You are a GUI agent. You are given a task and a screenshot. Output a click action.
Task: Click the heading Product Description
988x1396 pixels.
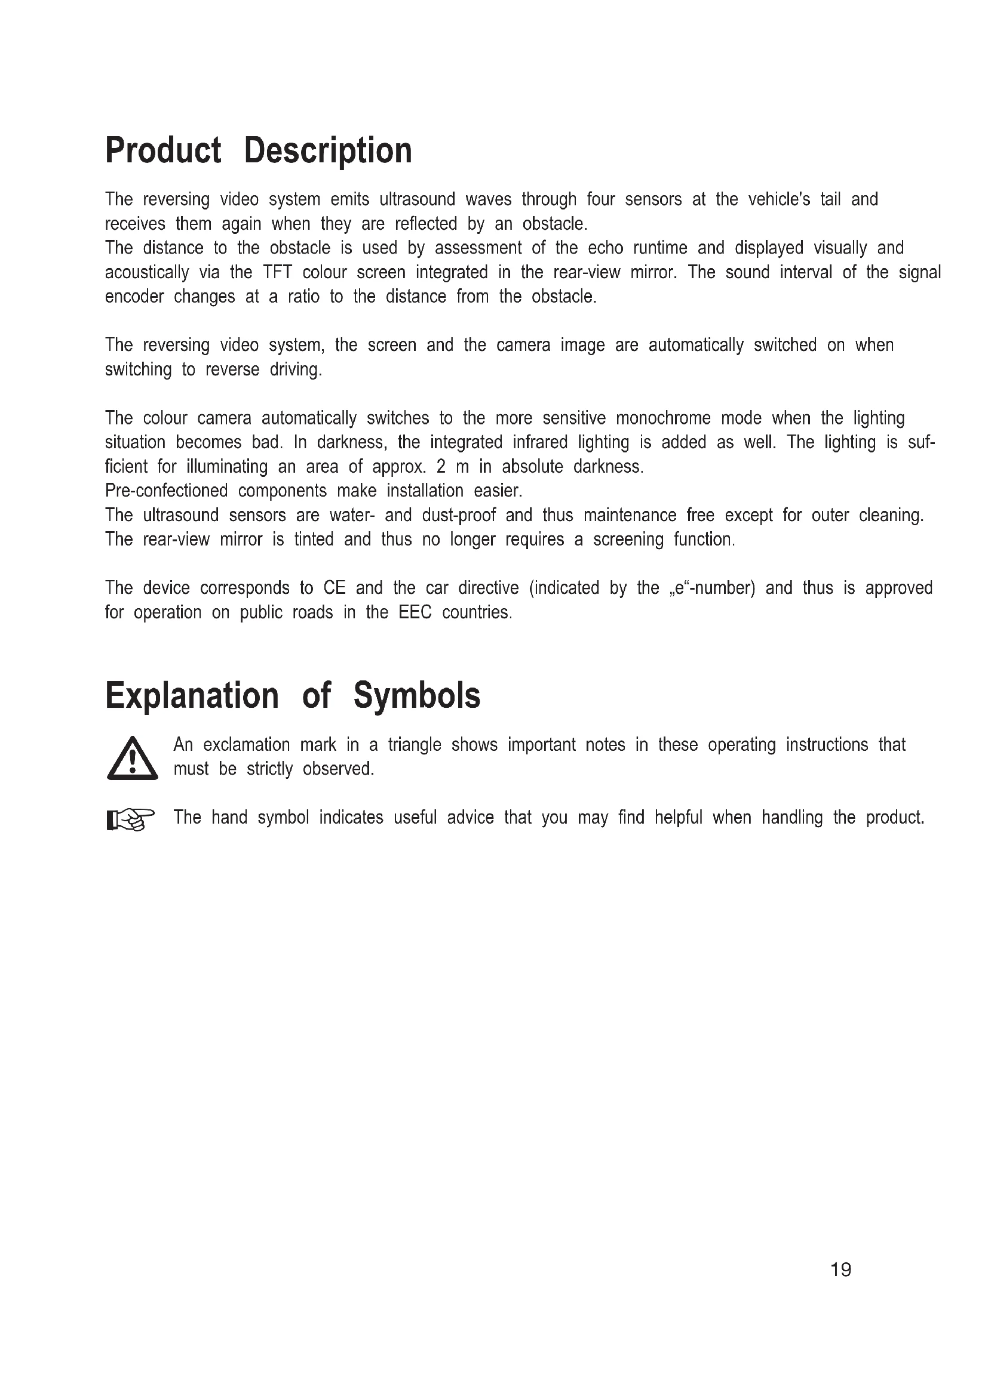click(x=259, y=150)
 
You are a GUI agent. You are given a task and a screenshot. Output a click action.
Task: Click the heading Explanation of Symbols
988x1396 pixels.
click(x=293, y=695)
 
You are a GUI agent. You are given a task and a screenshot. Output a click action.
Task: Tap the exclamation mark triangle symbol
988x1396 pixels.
click(x=132, y=758)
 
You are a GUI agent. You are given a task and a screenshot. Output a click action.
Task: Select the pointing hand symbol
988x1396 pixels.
click(x=131, y=819)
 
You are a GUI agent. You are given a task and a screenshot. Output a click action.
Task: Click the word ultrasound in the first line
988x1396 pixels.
click(x=417, y=199)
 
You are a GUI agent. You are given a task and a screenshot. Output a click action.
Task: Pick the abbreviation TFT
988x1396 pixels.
click(x=277, y=272)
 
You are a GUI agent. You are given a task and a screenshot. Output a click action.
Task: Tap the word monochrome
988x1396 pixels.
click(x=663, y=418)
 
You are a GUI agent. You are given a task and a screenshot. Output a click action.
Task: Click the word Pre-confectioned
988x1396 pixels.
click(x=166, y=491)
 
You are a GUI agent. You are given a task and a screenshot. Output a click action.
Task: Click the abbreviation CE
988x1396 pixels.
click(x=335, y=588)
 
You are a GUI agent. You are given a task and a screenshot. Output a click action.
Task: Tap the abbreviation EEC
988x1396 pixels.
click(x=415, y=612)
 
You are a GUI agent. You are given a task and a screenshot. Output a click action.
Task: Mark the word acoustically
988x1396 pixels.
click(x=146, y=272)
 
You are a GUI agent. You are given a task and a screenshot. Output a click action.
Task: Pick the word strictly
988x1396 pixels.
click(x=269, y=769)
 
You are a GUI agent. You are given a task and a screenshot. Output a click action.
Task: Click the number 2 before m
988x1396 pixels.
click(x=441, y=466)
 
